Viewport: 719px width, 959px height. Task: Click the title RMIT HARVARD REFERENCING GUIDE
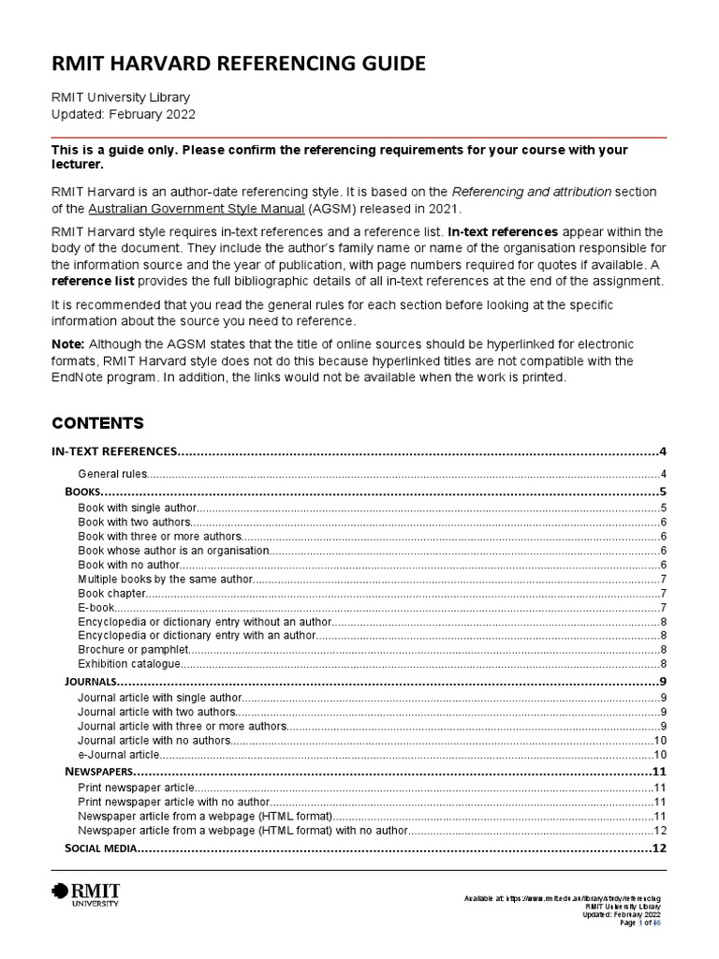pos(238,64)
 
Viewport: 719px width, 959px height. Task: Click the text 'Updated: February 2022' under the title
pos(123,113)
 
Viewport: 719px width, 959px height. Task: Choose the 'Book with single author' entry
pos(138,508)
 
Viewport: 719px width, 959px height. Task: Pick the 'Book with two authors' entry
pos(135,522)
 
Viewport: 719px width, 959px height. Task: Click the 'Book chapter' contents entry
pos(112,593)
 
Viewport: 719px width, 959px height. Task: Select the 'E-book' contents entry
pos(96,607)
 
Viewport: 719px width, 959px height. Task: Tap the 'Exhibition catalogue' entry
pos(128,663)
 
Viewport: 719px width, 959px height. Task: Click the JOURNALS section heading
pos(91,681)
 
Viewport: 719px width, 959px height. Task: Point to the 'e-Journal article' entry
pos(120,754)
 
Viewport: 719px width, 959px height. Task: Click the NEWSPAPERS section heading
pos(100,772)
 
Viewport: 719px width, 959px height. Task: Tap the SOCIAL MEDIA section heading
pos(101,849)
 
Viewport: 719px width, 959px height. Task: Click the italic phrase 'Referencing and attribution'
pos(531,191)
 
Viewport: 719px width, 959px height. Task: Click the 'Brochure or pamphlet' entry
pos(133,649)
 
